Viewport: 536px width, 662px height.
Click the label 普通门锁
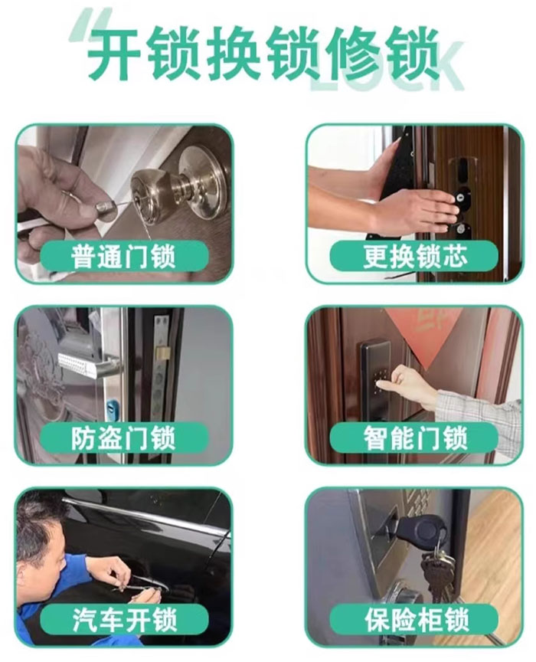[123, 257]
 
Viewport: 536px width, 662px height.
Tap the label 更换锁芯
[414, 257]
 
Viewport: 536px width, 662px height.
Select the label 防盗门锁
[123, 438]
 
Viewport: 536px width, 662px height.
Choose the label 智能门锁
[414, 438]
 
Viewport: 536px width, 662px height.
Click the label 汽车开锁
[123, 619]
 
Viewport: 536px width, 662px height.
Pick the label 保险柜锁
[414, 619]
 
